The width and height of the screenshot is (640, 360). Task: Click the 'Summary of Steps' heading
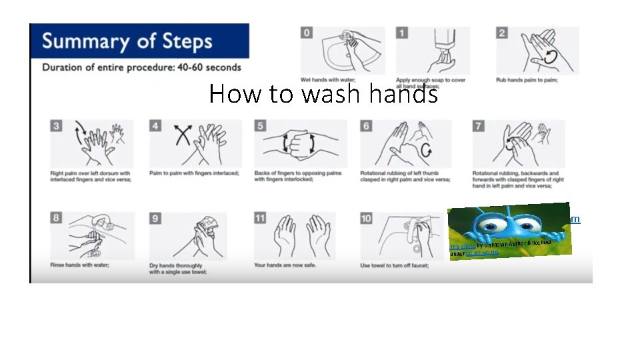click(127, 41)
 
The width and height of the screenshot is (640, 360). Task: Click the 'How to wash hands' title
click(323, 94)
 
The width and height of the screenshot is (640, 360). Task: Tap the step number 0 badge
click(307, 33)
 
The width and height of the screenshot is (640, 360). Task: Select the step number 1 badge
click(402, 33)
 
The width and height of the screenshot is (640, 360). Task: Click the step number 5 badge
click(261, 125)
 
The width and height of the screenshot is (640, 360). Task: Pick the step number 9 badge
click(155, 218)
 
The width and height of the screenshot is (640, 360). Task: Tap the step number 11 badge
click(261, 218)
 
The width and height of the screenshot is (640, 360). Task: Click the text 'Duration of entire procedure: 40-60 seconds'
click(141, 67)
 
